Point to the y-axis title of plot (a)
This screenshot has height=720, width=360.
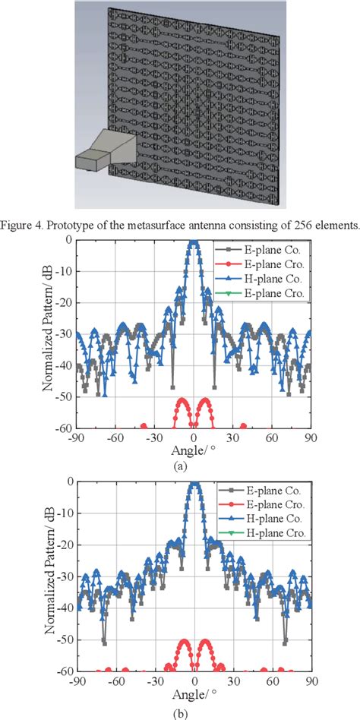(x=47, y=333)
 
